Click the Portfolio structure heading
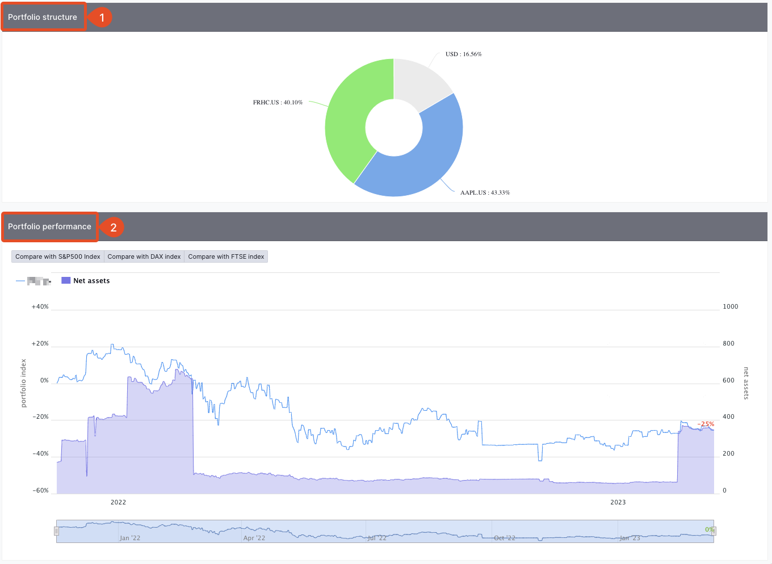tap(43, 17)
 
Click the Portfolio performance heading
tap(49, 226)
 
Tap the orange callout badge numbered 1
tap(102, 18)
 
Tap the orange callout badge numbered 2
tap(113, 228)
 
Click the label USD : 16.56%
tap(463, 54)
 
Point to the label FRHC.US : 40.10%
tap(278, 103)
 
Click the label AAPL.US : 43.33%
tap(485, 193)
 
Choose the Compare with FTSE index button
tap(226, 256)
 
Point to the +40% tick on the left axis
tap(40, 306)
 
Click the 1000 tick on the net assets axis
tap(730, 306)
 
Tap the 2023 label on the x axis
tap(618, 502)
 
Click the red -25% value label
tap(706, 424)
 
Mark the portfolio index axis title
tap(24, 383)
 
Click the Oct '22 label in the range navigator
tap(505, 538)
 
